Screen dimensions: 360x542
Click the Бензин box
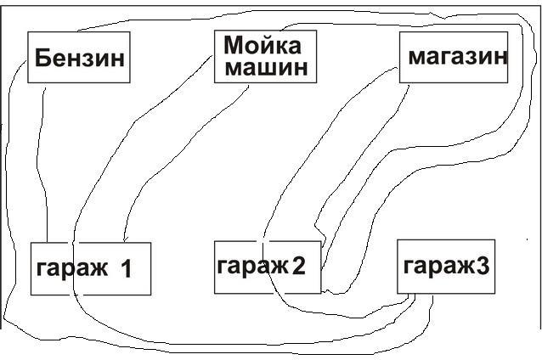click(x=79, y=58)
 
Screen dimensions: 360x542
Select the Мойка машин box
click(x=264, y=56)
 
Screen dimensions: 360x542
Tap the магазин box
click(x=454, y=58)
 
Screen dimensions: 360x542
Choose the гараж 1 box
click(x=90, y=268)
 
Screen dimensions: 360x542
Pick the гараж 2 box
click(x=261, y=267)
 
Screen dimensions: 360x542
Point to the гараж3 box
click(x=446, y=266)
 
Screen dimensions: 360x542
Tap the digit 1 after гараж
click(x=126, y=269)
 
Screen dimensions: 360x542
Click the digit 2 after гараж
click(x=297, y=266)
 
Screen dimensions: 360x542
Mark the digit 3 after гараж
click(x=483, y=266)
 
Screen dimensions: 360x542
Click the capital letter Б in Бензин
click(x=42, y=59)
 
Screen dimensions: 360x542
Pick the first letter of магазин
click(x=416, y=58)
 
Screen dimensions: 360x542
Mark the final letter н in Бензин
click(x=118, y=59)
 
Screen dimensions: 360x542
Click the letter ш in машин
click(x=267, y=69)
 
